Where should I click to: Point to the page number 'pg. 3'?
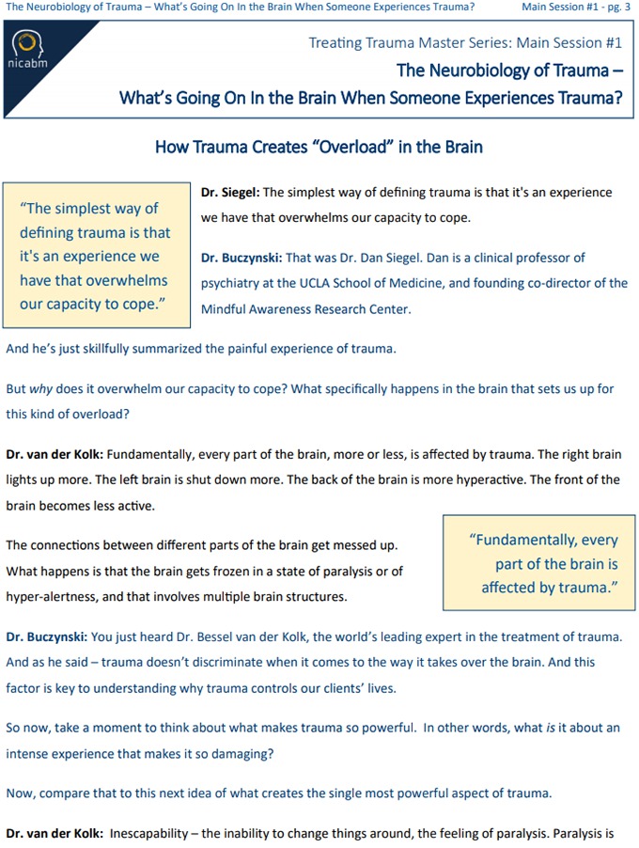616,8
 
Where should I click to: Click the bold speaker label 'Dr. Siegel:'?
230,193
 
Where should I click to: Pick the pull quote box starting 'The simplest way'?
96,256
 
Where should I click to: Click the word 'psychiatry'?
231,283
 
